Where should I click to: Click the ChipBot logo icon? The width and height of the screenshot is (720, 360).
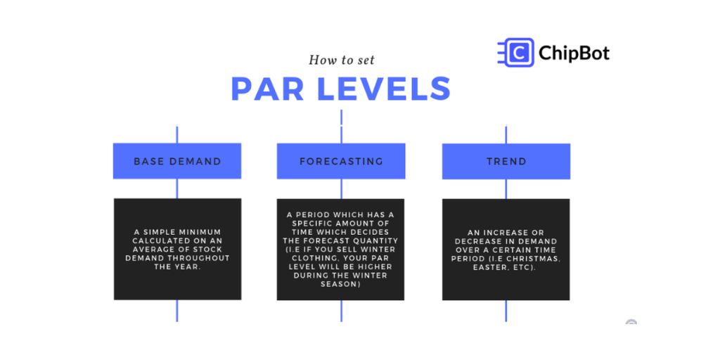(x=515, y=53)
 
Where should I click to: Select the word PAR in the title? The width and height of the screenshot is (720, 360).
(x=267, y=89)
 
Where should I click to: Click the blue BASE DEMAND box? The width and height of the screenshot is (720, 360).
(x=177, y=161)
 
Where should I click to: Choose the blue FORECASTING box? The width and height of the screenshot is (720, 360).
(x=341, y=161)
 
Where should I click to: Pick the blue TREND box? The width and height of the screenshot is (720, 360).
(x=506, y=161)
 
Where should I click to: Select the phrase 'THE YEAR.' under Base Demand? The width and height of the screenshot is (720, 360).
(x=177, y=266)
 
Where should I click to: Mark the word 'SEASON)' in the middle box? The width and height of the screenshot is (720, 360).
(x=341, y=285)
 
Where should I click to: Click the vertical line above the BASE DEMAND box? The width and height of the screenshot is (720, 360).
(x=177, y=134)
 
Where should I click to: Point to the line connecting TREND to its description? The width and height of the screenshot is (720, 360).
(x=506, y=188)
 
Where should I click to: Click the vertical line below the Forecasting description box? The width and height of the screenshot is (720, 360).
(x=341, y=311)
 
